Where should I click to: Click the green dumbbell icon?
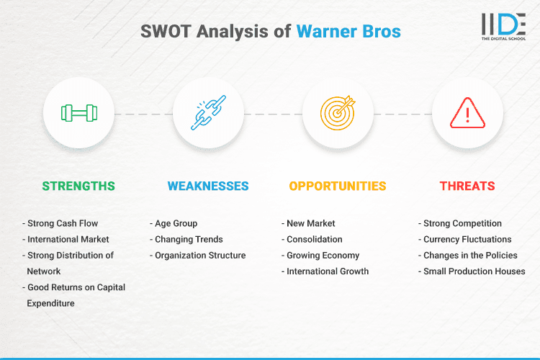point(78,113)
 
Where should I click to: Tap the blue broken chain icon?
point(208,113)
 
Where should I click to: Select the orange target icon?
point(338,113)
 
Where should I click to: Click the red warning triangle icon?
point(467,113)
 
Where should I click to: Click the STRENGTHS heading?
point(78,186)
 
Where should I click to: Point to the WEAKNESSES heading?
point(208,186)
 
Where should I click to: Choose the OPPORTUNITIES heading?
point(338,186)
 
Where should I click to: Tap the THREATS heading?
point(467,186)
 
